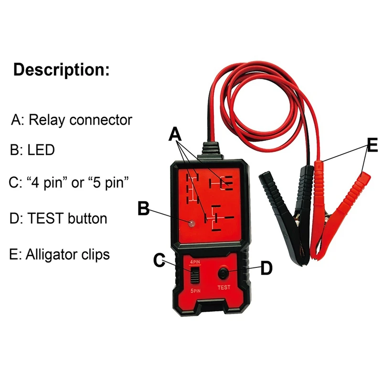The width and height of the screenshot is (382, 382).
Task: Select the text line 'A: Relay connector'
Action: tap(72, 120)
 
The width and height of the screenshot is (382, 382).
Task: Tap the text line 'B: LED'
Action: tap(32, 150)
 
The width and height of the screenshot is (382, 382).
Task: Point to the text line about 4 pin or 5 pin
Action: tap(69, 182)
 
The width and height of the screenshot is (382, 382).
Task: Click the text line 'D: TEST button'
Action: tap(58, 218)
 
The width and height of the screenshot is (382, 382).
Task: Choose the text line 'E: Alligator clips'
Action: tap(59, 255)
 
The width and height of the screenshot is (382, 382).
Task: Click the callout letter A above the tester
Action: tap(175, 134)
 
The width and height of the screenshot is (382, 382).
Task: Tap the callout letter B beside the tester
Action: tap(144, 208)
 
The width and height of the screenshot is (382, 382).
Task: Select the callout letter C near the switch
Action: tap(159, 260)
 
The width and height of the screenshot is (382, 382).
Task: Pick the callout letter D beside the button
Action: tap(266, 268)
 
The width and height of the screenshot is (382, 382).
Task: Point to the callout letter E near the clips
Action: tap(372, 145)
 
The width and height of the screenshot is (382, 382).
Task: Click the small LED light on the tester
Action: tap(192, 223)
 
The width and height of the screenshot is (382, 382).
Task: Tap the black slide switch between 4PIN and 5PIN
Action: tap(195, 275)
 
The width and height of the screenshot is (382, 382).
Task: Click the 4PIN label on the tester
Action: tap(195, 262)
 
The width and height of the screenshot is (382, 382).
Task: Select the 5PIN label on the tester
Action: tap(195, 291)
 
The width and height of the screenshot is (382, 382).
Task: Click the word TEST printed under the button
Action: tap(224, 287)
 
